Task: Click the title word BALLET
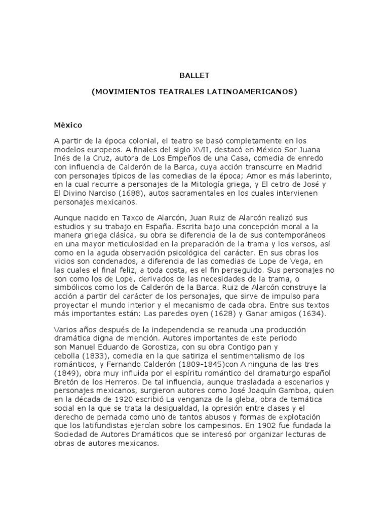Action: [194, 75]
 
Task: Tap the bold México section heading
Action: [68, 124]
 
